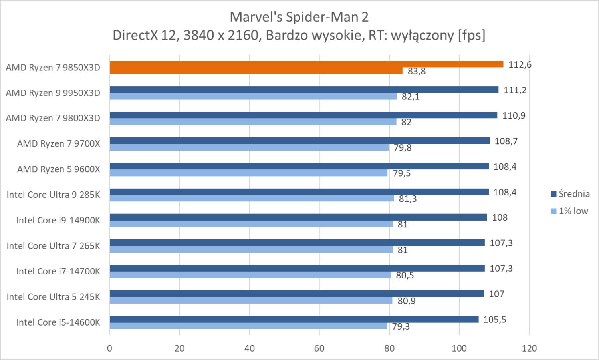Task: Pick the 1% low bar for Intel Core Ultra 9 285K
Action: (x=252, y=198)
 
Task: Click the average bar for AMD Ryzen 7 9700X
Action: (x=299, y=141)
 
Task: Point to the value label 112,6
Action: (x=520, y=65)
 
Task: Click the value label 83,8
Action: (x=417, y=72)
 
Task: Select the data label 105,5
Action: (x=494, y=320)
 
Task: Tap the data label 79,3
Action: (x=401, y=327)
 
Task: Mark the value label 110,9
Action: (x=514, y=116)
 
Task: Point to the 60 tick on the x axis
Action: (x=319, y=348)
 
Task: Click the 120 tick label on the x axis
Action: (x=529, y=348)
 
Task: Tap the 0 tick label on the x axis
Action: (x=109, y=348)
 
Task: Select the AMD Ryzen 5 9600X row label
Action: (x=58, y=169)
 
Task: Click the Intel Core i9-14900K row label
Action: (x=58, y=220)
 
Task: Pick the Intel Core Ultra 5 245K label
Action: (x=53, y=297)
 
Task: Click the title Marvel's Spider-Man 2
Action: (x=299, y=17)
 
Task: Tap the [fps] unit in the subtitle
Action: (x=472, y=36)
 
